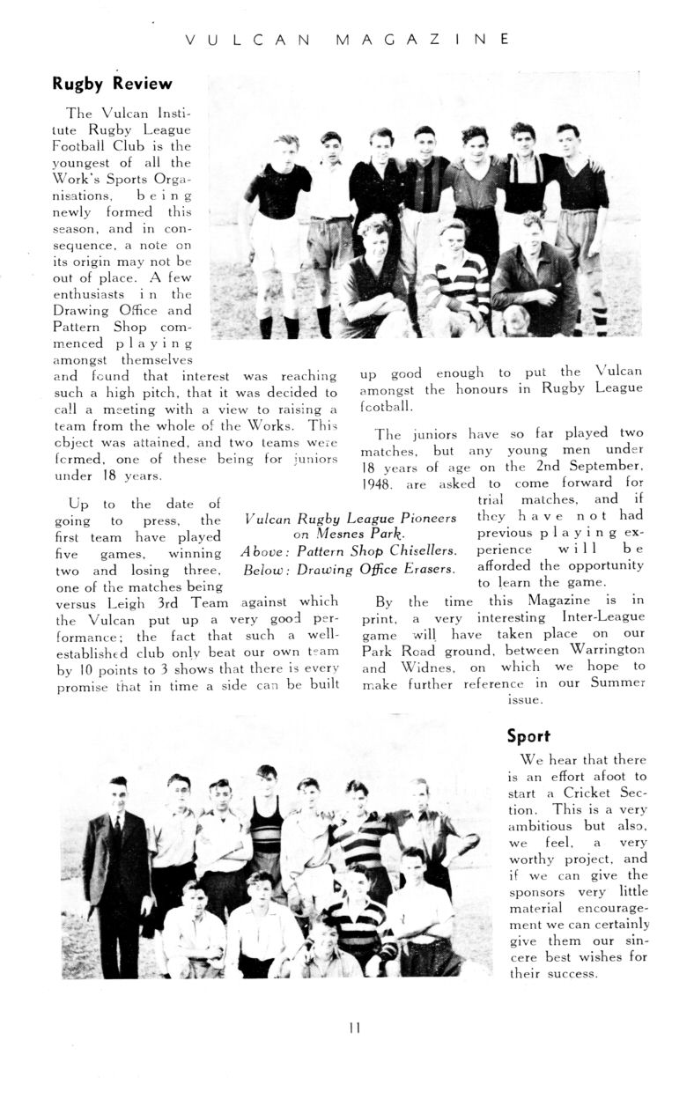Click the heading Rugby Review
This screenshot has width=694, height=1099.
[x=112, y=85]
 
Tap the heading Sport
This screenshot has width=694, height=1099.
[x=528, y=736]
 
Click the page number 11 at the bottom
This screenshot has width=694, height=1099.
[x=355, y=1027]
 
